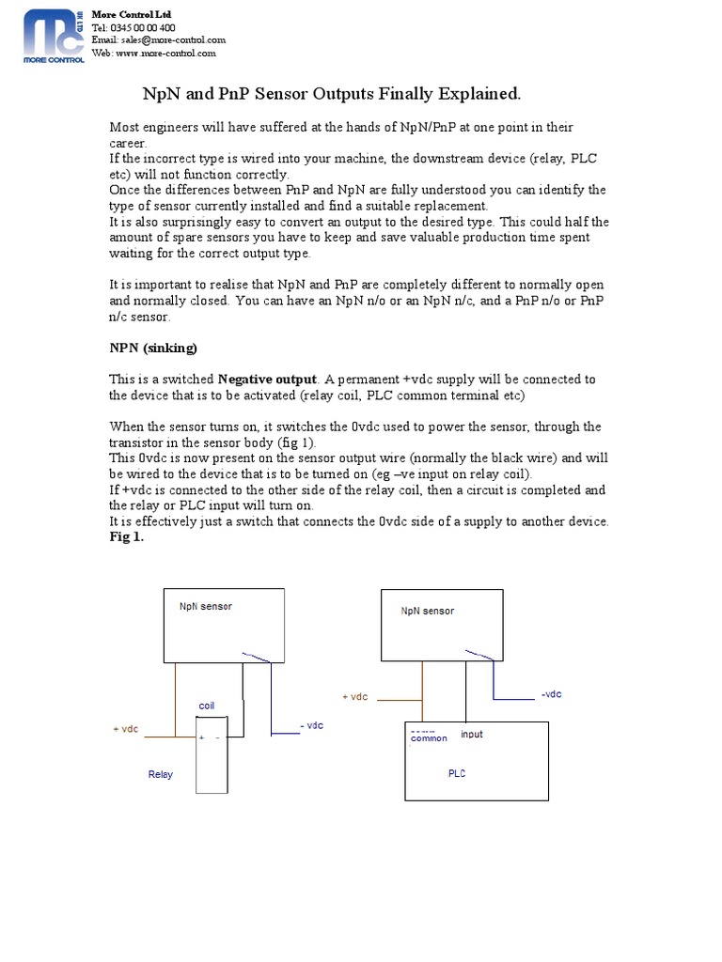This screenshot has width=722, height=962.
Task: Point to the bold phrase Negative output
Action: tap(269, 380)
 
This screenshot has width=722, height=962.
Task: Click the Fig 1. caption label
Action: tap(127, 537)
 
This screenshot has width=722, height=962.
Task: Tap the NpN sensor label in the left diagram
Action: tap(206, 606)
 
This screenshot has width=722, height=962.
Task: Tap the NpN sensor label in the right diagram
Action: tap(427, 611)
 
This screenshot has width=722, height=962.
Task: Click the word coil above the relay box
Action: tap(207, 706)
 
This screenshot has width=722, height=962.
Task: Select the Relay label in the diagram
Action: tap(161, 775)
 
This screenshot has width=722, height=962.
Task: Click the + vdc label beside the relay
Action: tap(126, 730)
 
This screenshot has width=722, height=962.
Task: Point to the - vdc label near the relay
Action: tap(311, 726)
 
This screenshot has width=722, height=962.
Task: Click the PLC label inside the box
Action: tap(457, 774)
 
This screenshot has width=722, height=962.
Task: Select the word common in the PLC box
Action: tap(429, 738)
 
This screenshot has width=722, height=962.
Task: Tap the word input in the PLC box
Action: tap(472, 734)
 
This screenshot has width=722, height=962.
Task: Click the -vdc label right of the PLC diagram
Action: tap(551, 694)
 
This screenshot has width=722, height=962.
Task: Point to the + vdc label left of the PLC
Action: tap(354, 697)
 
